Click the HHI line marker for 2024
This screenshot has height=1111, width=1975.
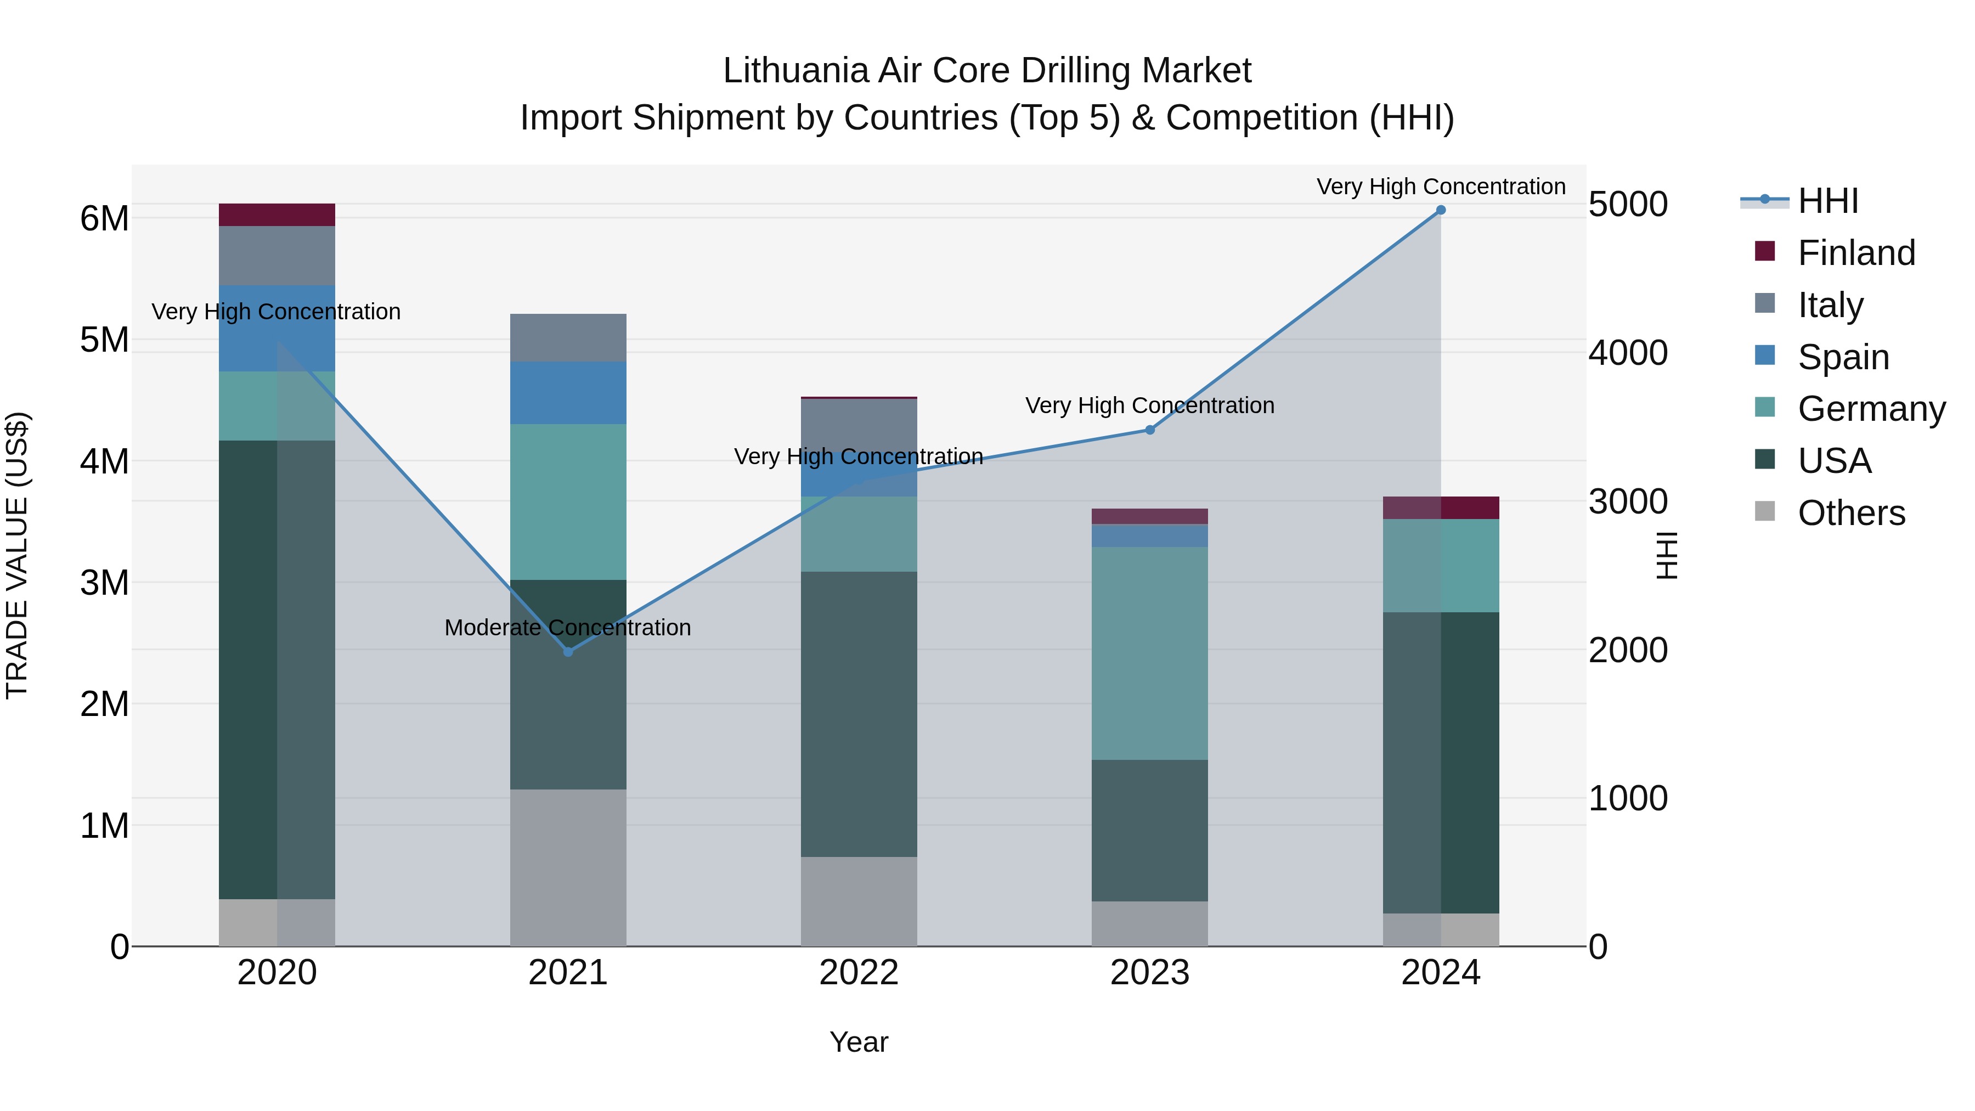(x=1441, y=210)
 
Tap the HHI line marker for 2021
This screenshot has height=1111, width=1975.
(x=568, y=652)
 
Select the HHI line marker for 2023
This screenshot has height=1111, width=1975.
(x=1150, y=430)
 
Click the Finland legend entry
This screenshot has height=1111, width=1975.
(x=1856, y=253)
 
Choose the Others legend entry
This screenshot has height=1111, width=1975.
(x=1851, y=513)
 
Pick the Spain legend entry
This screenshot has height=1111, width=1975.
(x=1843, y=357)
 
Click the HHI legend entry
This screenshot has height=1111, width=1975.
(x=1828, y=201)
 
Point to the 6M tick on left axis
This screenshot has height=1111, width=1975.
(x=104, y=218)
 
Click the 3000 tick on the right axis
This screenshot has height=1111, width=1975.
(x=1628, y=502)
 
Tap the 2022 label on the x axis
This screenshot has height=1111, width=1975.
(x=859, y=973)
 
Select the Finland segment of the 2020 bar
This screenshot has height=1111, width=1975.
(x=277, y=215)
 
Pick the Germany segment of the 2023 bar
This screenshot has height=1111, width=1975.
(x=1150, y=653)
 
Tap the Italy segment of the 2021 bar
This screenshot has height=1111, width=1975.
(x=568, y=337)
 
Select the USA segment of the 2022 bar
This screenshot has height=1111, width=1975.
(x=859, y=713)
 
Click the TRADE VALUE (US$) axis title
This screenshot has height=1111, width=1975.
(x=17, y=555)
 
